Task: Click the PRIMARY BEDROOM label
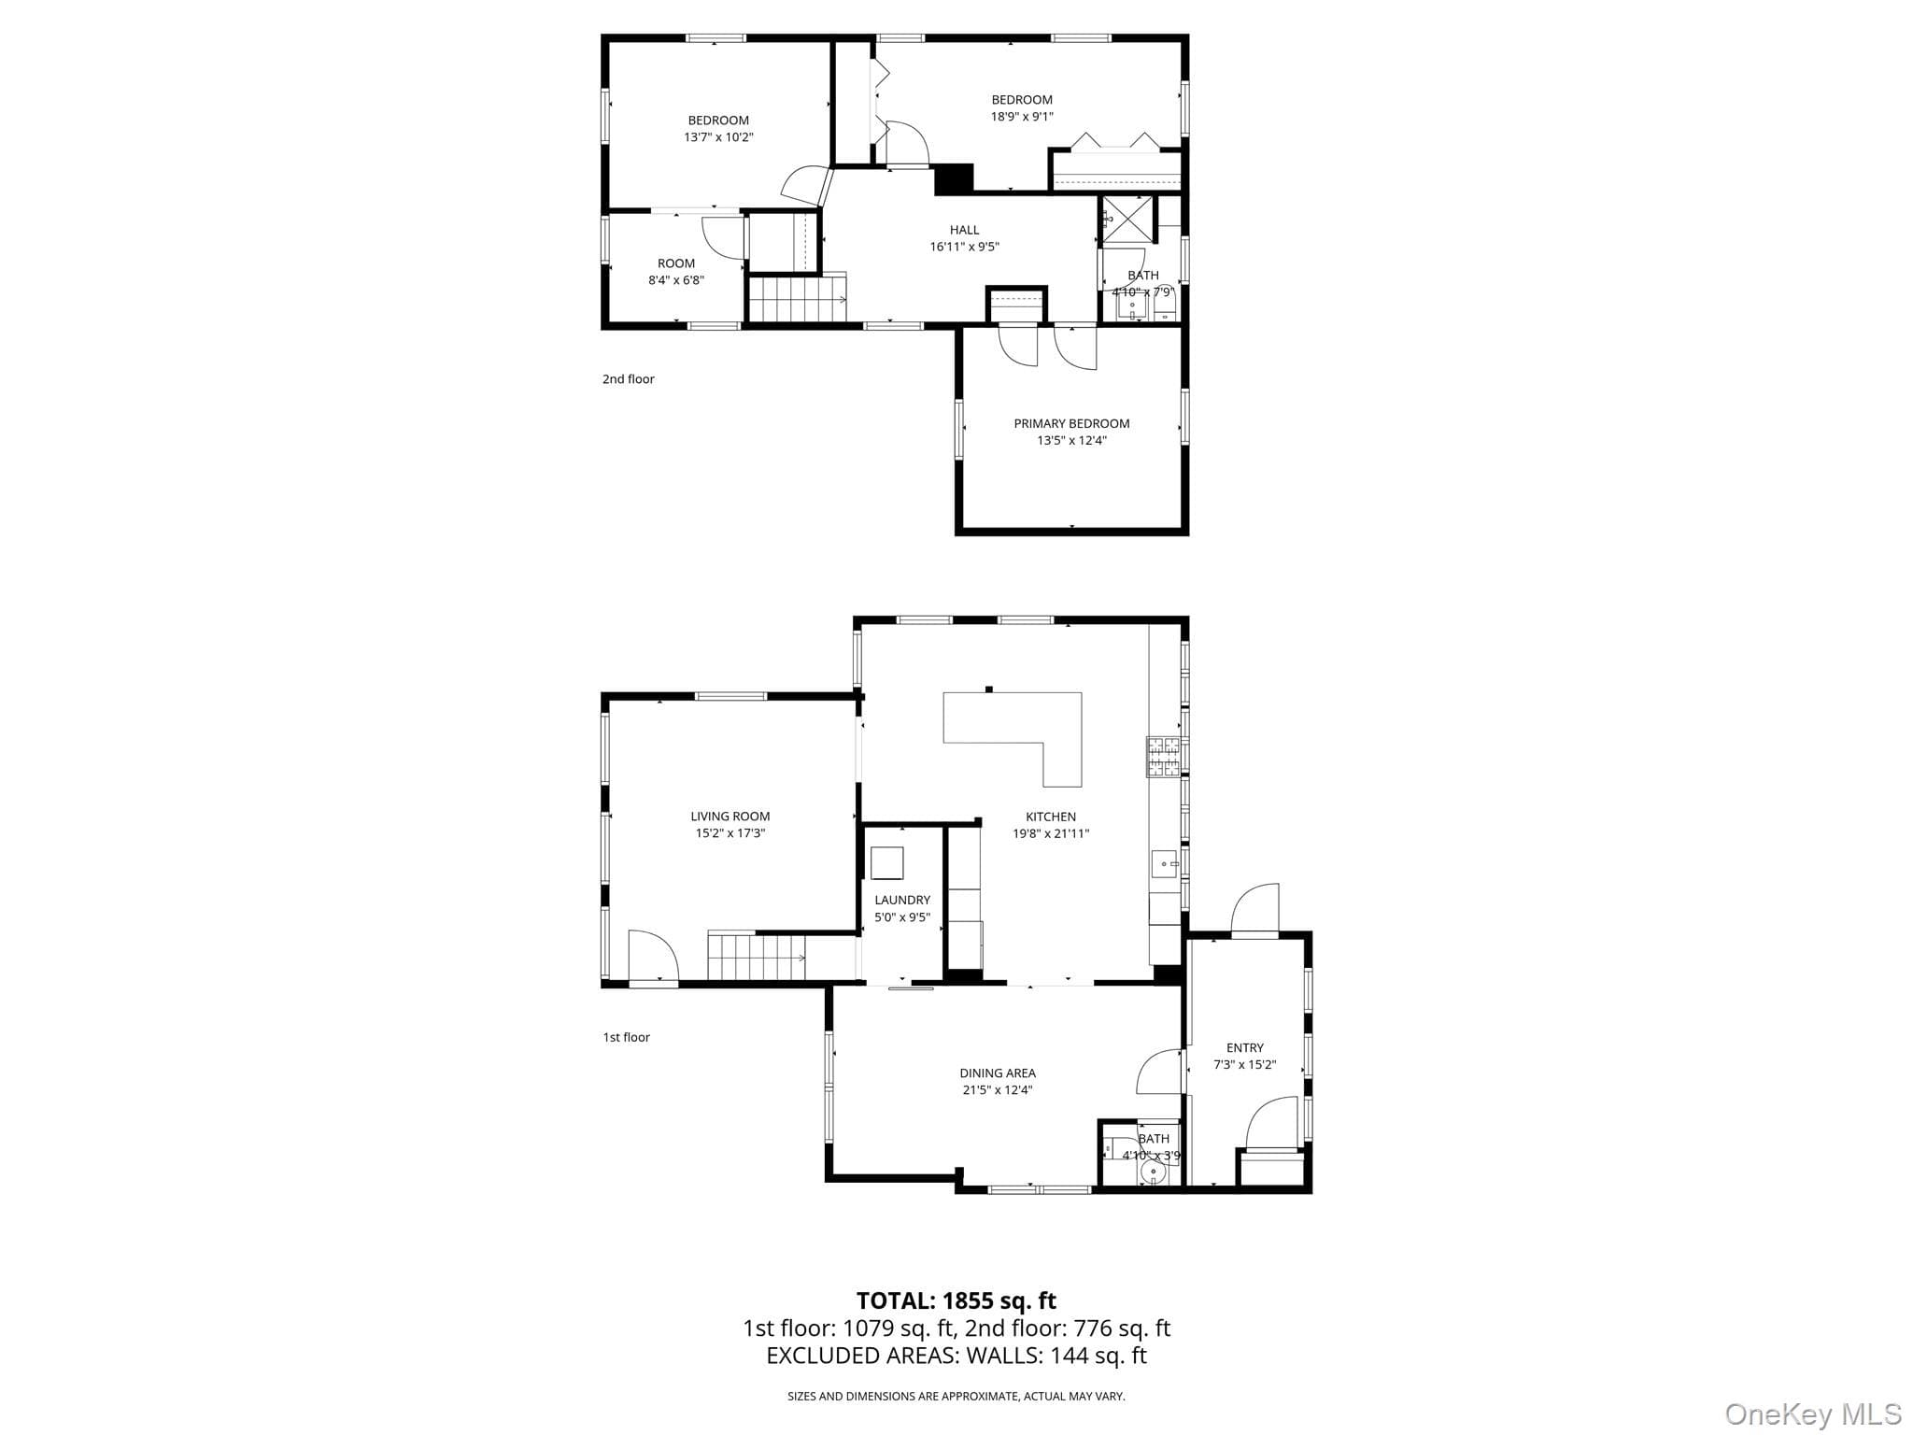point(1071,423)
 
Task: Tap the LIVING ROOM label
point(730,817)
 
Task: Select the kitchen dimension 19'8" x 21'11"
point(1051,833)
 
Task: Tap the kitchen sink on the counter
point(1165,864)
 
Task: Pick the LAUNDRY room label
point(902,901)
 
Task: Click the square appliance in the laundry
point(887,862)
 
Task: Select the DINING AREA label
point(998,1073)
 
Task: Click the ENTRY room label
point(1245,1048)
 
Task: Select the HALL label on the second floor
point(965,230)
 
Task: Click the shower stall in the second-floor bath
point(1128,220)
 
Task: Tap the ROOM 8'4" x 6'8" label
point(676,272)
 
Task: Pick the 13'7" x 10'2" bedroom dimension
point(718,137)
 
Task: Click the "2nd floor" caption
point(629,379)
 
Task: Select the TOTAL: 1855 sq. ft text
point(956,1300)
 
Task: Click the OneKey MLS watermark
point(1813,1414)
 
